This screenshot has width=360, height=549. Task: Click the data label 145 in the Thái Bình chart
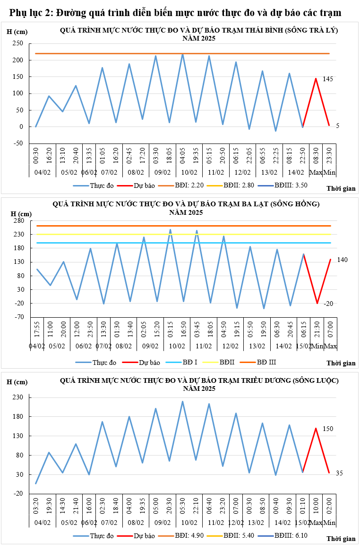coord(328,79)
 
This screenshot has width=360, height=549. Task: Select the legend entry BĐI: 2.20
coord(189,186)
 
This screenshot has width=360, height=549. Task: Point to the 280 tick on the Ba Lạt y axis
coord(18,220)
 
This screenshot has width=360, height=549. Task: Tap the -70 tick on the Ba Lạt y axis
coord(18,317)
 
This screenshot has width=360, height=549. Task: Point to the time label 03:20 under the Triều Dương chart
coord(36,505)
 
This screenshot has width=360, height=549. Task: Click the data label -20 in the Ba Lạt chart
coord(328,304)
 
